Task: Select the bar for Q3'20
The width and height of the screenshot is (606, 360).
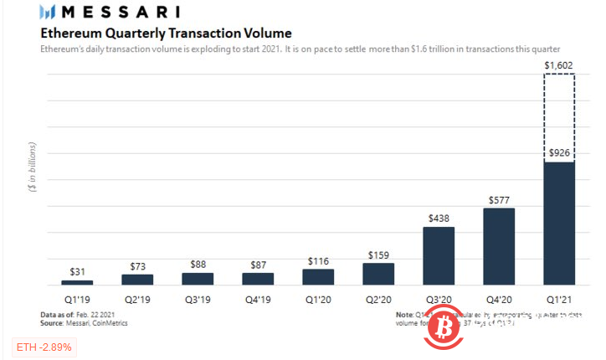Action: click(439, 255)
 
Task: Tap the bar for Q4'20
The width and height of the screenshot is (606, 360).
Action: click(500, 246)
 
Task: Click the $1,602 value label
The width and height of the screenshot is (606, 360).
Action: click(559, 64)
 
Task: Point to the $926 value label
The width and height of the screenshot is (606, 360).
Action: click(559, 152)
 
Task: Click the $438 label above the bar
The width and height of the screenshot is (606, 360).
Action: click(439, 218)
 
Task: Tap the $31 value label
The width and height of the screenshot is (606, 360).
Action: click(77, 272)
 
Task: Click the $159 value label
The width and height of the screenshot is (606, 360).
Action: click(378, 255)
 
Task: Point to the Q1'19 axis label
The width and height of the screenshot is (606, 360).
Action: click(77, 299)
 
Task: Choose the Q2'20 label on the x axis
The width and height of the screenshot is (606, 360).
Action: click(378, 299)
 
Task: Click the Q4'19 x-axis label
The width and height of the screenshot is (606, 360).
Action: click(258, 299)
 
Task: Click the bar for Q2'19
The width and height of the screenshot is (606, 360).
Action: click(137, 279)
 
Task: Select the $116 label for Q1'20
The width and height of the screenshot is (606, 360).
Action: click(318, 260)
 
